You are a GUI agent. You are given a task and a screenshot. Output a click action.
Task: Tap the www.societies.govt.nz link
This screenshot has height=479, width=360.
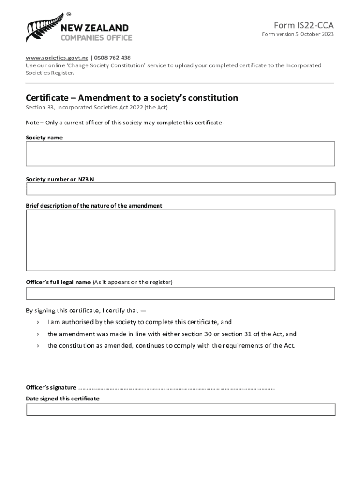57,58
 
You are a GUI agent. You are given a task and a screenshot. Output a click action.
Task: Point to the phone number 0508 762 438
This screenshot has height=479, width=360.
112,58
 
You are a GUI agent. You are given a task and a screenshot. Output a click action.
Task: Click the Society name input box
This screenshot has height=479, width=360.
180,154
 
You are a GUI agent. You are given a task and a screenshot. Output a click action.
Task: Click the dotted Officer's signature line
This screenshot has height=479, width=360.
176,388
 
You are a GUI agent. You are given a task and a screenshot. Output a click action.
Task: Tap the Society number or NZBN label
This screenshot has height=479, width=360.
60,179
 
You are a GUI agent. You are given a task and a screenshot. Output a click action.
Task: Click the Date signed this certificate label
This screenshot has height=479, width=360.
62,399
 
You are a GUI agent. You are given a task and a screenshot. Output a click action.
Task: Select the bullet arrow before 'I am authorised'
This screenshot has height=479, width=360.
38,322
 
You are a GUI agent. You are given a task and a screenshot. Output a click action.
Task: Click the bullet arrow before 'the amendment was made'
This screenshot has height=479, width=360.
38,334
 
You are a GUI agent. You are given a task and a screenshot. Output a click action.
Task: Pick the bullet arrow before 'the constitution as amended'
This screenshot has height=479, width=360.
38,346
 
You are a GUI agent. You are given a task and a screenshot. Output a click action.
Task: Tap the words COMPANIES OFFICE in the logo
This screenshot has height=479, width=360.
96,37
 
